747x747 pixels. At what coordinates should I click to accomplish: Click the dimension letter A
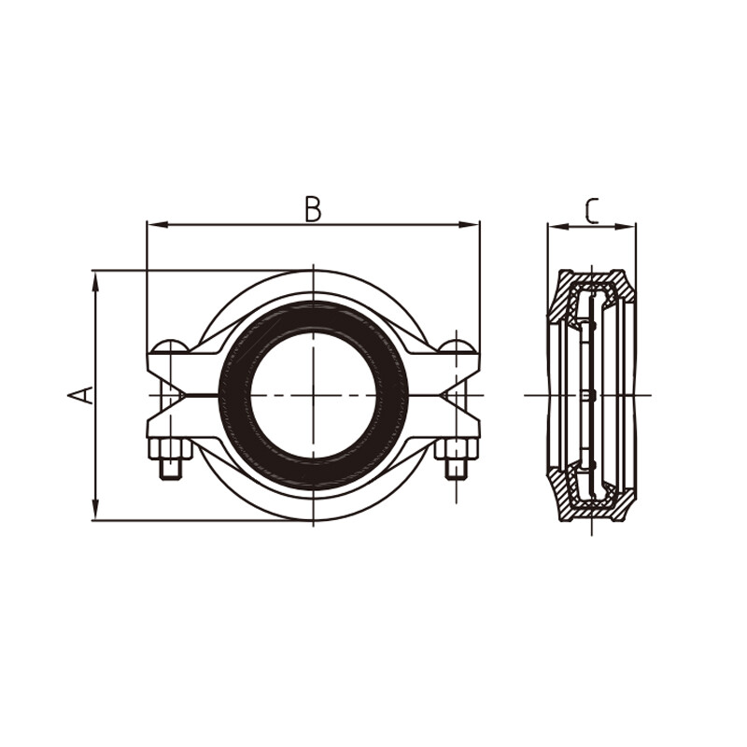[x=82, y=395]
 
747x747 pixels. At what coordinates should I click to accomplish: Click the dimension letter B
[x=313, y=209]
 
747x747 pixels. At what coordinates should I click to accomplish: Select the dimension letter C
[x=590, y=211]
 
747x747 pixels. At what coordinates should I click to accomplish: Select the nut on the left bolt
[x=170, y=466]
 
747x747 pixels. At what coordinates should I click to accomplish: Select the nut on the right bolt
[x=456, y=466]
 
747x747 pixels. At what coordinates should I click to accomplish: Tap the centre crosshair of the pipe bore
[x=313, y=395]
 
